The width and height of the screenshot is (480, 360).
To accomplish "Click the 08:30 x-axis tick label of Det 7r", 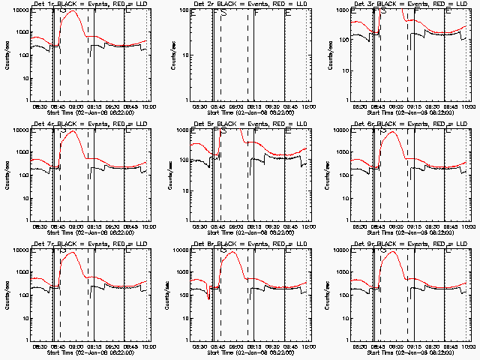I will click(40, 347).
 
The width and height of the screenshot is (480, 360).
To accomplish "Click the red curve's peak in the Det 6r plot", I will click(391, 132).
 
